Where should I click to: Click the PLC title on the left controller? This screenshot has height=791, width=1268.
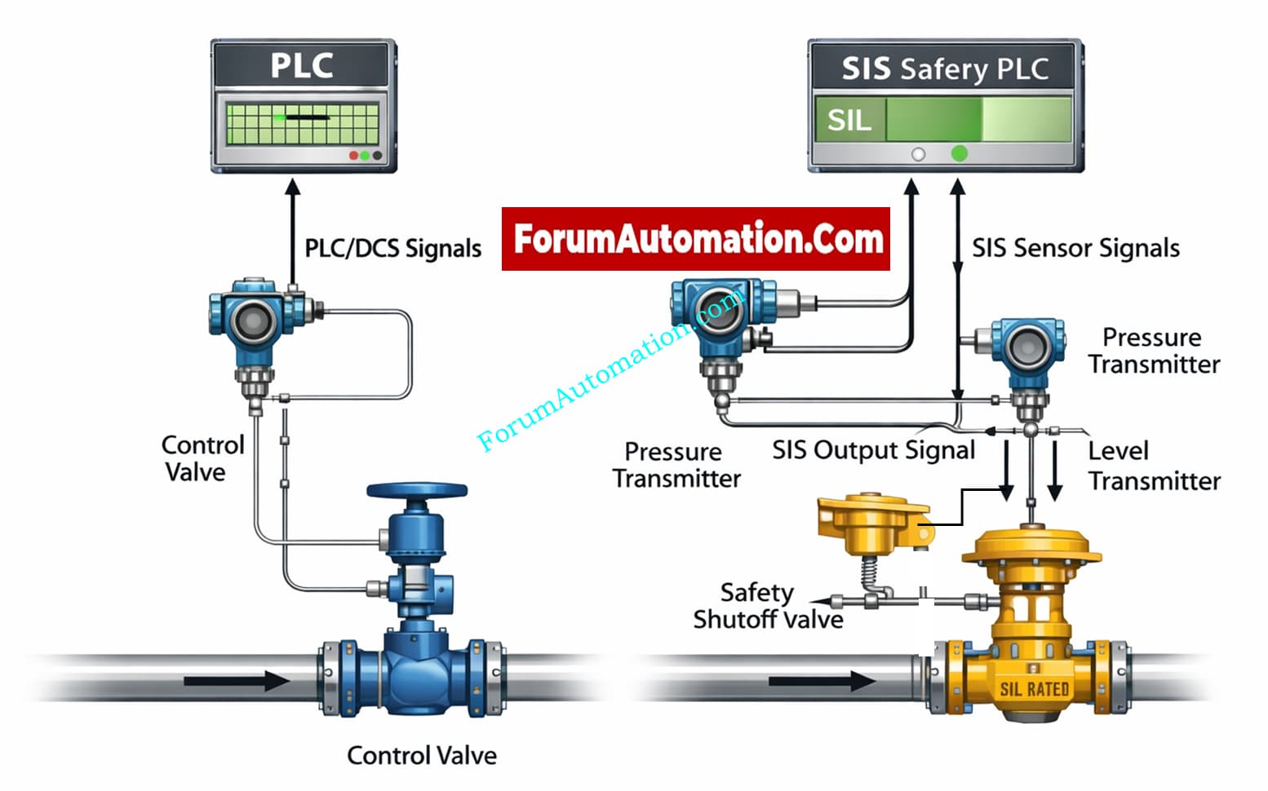pyautogui.click(x=302, y=65)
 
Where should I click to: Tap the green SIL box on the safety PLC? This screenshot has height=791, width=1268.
pyautogui.click(x=850, y=121)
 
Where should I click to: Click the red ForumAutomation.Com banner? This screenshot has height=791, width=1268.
pyautogui.click(x=696, y=239)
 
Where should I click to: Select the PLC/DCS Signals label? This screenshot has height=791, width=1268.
pyautogui.click(x=392, y=248)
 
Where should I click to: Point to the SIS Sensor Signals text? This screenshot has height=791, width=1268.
pyautogui.click(x=1075, y=248)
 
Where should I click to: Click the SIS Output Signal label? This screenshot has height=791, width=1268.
pyautogui.click(x=873, y=450)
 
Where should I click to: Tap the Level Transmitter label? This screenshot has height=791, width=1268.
pyautogui.click(x=1154, y=466)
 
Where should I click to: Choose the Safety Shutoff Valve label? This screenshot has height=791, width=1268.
pyautogui.click(x=767, y=606)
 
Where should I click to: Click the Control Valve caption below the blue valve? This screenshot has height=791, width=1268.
pyautogui.click(x=422, y=755)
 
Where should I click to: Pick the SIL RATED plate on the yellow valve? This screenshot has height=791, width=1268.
pyautogui.click(x=1034, y=689)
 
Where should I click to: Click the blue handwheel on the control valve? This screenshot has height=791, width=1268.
pyautogui.click(x=417, y=492)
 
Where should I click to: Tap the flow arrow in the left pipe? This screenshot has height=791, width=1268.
pyautogui.click(x=237, y=681)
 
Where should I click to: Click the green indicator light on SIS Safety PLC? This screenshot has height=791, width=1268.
pyautogui.click(x=960, y=153)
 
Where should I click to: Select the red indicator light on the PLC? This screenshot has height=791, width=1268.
pyautogui.click(x=353, y=155)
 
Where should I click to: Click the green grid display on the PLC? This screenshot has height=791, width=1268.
pyautogui.click(x=302, y=124)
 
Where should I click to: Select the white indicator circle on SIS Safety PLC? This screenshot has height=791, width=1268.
pyautogui.click(x=918, y=154)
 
